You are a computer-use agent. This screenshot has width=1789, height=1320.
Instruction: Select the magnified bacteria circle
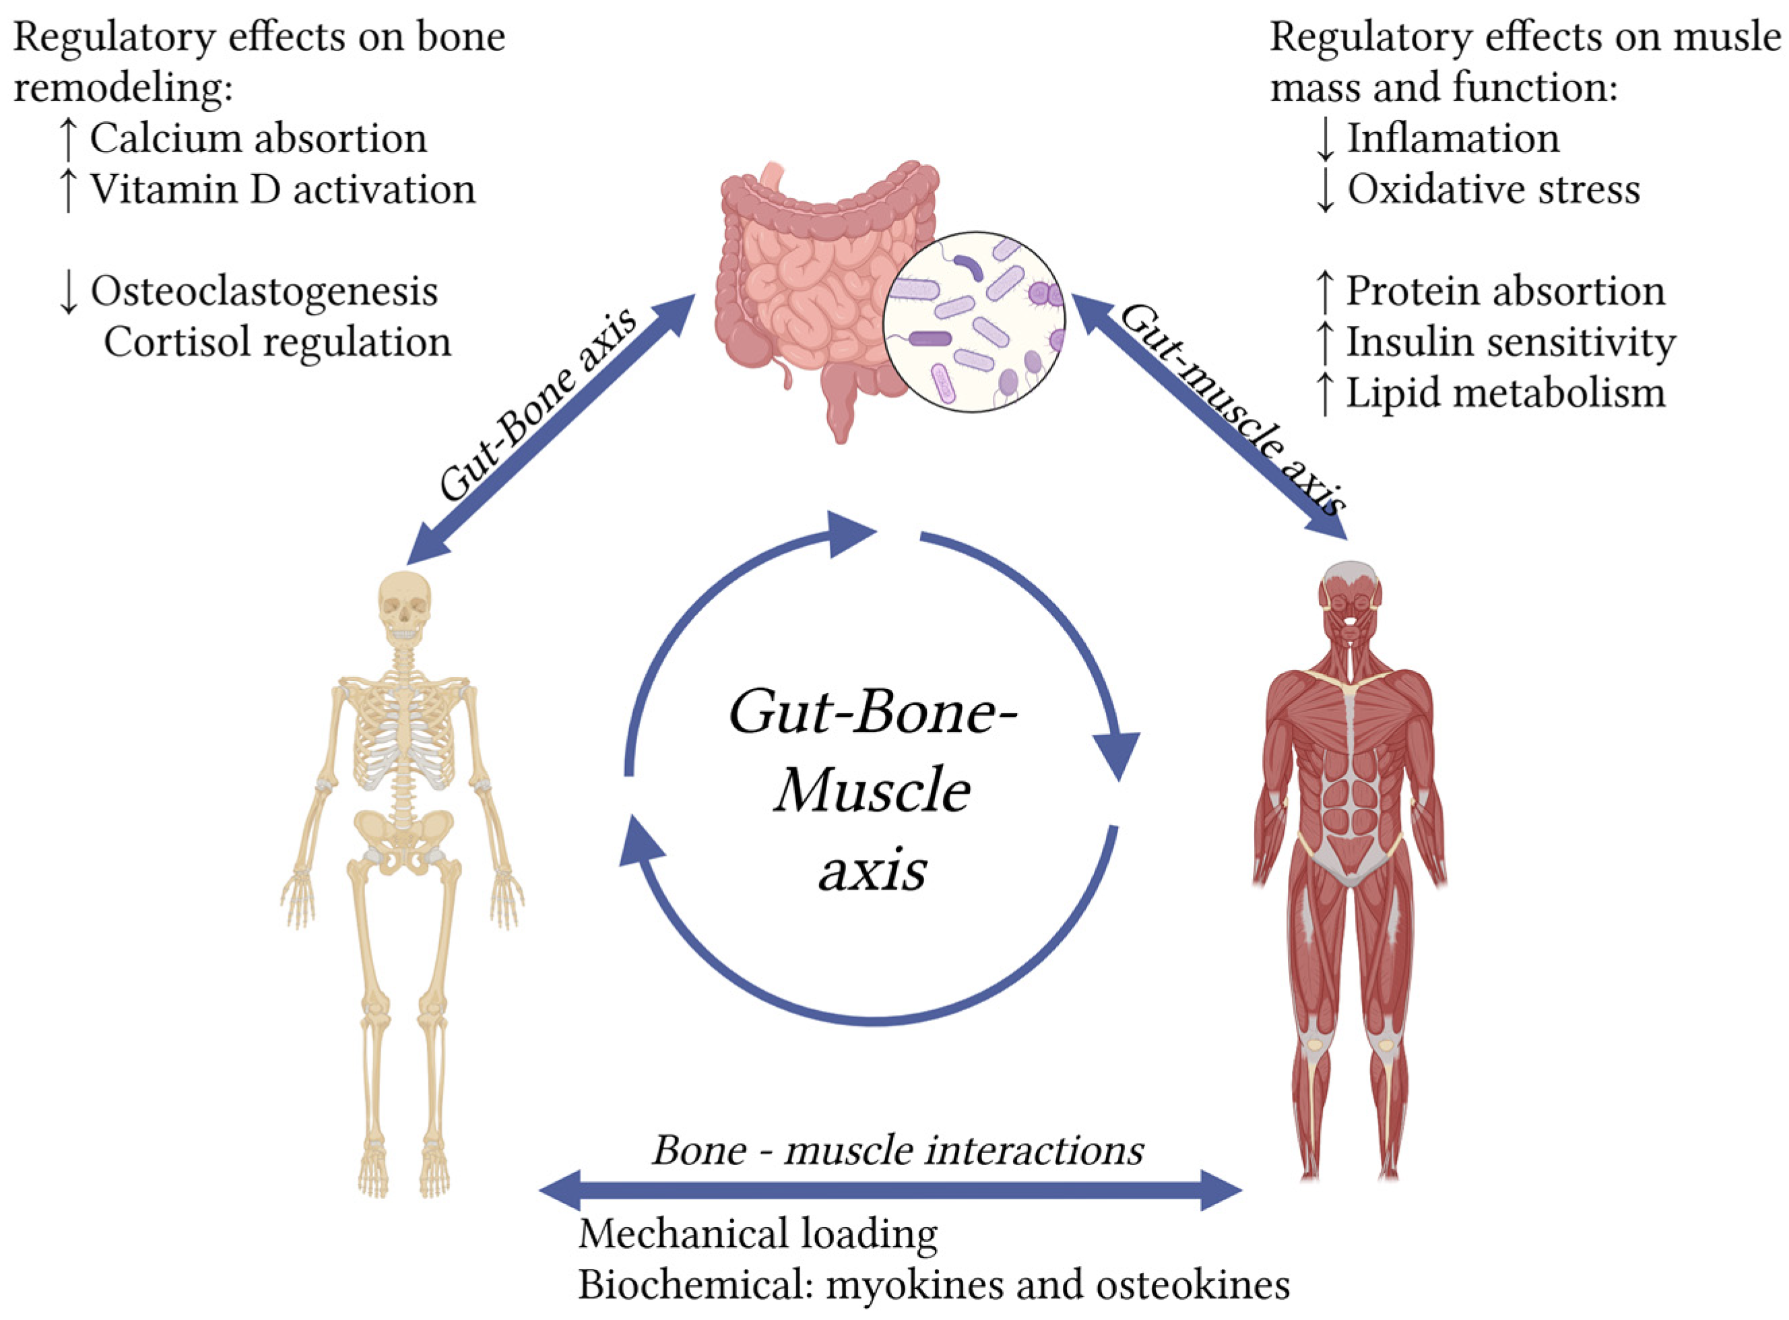click(974, 322)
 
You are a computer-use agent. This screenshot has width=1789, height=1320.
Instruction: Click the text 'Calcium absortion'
click(258, 138)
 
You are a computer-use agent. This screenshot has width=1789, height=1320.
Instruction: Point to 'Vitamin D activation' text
click(282, 189)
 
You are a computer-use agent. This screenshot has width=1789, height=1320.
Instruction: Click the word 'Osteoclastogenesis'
click(263, 291)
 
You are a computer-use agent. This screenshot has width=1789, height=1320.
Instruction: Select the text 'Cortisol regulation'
click(278, 342)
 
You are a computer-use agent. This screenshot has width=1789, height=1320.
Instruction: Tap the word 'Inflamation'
click(1454, 138)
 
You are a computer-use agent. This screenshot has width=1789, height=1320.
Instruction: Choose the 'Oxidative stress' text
click(1493, 189)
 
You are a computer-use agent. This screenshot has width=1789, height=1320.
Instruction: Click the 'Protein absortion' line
click(1505, 291)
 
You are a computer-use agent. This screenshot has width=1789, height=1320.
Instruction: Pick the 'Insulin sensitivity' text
click(1511, 342)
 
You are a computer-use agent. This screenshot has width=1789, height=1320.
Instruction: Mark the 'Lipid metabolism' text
click(1505, 393)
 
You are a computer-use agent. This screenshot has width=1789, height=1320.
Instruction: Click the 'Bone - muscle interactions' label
click(898, 1150)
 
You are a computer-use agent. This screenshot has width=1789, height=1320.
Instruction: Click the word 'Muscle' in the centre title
click(872, 791)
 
